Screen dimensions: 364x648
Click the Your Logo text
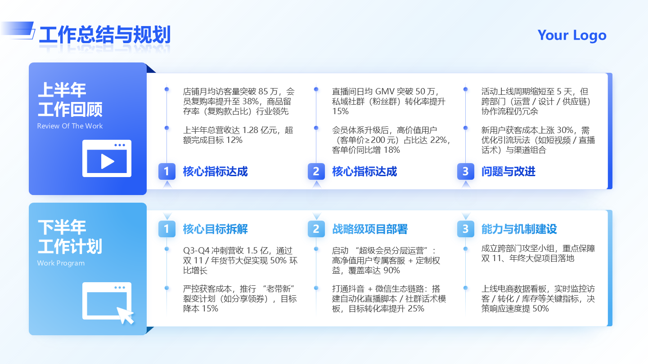tap(572, 35)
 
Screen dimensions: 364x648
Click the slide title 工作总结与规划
tap(104, 35)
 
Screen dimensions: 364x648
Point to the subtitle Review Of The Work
tap(70, 126)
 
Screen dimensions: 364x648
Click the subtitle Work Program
tap(61, 263)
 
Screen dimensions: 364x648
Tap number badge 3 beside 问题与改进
tap(465, 171)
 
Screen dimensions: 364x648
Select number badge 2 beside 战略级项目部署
tap(316, 229)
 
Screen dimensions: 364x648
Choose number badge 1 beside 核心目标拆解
tap(166, 229)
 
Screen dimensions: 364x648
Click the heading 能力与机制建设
tap(519, 229)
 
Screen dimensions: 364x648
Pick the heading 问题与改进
tap(508, 171)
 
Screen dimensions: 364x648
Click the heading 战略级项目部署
tap(369, 229)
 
